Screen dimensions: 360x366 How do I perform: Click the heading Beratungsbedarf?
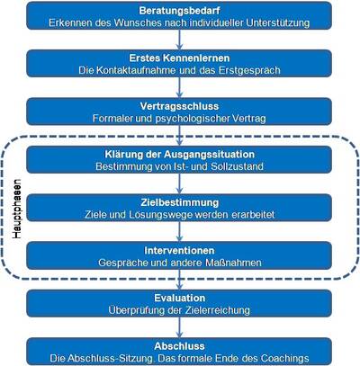179,11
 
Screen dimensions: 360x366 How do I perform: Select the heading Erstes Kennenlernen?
179,58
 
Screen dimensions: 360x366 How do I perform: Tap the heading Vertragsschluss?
179,106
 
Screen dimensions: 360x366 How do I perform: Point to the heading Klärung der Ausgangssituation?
179,154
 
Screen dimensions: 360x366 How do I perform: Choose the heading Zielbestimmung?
179,202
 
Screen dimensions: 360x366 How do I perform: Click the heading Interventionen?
179,250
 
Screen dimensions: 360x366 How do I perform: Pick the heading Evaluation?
179,298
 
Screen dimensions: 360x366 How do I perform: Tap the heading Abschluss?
179,346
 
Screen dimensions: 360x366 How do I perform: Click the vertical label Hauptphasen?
17,209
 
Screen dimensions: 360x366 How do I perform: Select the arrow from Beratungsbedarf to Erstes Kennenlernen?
179,40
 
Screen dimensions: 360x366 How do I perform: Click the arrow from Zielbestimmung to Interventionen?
179,231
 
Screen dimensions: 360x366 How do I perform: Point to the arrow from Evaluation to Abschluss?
179,327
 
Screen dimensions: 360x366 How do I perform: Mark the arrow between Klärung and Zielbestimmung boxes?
179,183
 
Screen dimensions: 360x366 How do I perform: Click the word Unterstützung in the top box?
278,23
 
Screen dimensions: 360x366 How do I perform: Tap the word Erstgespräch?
249,70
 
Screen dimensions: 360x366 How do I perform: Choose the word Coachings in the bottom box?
284,359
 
